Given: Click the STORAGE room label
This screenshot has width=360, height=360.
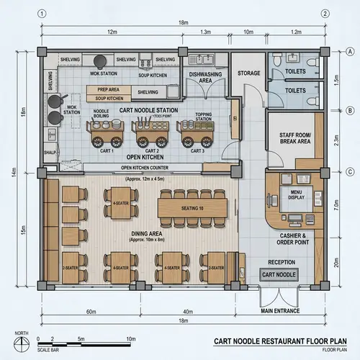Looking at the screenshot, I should click(249, 73).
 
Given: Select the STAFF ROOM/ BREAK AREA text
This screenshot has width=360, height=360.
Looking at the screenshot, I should click(294, 138).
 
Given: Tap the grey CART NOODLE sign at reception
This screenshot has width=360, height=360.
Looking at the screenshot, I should click(279, 275).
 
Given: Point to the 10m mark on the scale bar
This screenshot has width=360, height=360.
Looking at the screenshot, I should click(131, 338).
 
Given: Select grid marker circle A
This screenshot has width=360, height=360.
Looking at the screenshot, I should click(349, 50).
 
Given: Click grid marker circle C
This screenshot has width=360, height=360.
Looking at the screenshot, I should click(349, 171).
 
